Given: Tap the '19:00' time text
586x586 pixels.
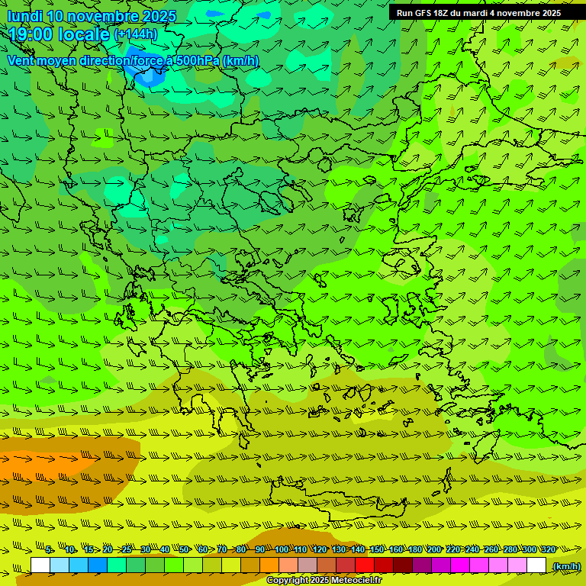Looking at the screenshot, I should [30, 34].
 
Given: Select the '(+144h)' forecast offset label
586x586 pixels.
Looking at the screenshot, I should [136, 34].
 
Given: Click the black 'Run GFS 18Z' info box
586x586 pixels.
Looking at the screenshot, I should [478, 12].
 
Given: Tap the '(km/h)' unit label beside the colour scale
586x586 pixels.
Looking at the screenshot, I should [566, 565].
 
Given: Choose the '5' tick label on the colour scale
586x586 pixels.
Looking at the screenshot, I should [49, 550].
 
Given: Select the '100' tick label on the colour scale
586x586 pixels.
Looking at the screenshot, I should [281, 550].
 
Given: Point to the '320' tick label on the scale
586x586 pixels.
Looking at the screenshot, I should [547, 550].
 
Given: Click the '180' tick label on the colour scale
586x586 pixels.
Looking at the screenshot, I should [414, 550].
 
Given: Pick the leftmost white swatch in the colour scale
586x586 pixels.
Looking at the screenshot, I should [40, 565].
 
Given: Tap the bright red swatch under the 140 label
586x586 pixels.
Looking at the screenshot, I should [365, 565].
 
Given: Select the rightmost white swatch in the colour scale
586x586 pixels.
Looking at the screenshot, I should [536, 565].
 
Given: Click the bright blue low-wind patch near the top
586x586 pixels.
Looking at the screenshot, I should [147, 75].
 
